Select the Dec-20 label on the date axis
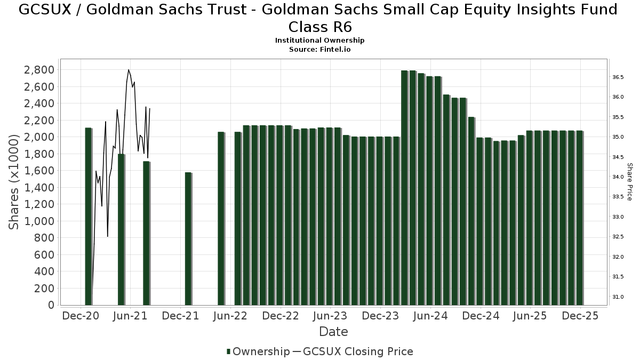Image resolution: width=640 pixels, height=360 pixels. (x=81, y=316)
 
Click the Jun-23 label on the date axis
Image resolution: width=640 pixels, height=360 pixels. (x=330, y=316)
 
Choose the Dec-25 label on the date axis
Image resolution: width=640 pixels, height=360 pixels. (x=580, y=316)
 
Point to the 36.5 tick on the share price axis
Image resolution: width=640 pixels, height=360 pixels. (x=618, y=77)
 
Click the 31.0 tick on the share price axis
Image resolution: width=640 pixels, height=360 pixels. (x=618, y=297)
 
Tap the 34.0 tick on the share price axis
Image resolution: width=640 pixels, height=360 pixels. (x=618, y=177)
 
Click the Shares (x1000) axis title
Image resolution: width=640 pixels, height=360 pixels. (x=14, y=182)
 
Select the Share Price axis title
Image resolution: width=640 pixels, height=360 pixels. (x=629, y=182)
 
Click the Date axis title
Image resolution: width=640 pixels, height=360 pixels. (x=333, y=332)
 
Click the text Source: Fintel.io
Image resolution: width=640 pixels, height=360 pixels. (x=319, y=49)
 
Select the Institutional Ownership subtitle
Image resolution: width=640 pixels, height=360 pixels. (x=319, y=41)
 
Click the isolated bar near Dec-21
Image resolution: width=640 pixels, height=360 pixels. (x=188, y=238)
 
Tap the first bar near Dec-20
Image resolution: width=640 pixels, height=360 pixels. (x=89, y=216)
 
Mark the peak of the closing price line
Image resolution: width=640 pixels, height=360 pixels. (x=129, y=70)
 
